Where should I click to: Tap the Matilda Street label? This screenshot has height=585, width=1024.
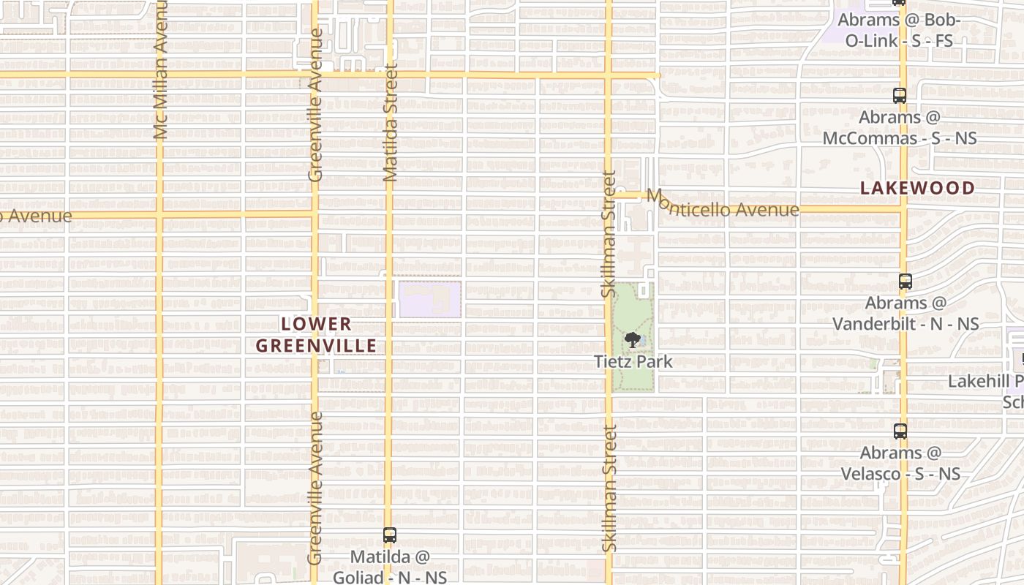click(390, 122)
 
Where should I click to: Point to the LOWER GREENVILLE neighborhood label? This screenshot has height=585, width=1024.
click(316, 335)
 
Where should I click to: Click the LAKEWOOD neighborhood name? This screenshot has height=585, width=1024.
click(917, 188)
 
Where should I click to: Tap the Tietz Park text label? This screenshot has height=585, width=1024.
click(633, 361)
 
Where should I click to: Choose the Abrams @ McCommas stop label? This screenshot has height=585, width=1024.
click(899, 127)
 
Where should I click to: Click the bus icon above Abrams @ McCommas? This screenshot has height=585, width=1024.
click(899, 96)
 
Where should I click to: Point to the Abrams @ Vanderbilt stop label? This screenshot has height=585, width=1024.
click(906, 313)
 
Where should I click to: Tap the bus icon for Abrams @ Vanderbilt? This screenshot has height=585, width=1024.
click(906, 282)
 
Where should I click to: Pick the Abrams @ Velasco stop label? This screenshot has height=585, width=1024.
click(900, 463)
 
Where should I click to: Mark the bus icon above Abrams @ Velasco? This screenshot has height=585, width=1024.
click(900, 431)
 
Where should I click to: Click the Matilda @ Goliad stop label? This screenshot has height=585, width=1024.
click(390, 567)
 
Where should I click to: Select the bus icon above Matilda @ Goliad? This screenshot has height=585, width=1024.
click(390, 535)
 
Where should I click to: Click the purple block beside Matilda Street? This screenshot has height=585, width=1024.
click(429, 300)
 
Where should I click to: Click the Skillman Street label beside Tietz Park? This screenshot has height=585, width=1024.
click(609, 234)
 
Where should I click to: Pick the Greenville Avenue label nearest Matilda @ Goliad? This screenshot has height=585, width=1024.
click(315, 488)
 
